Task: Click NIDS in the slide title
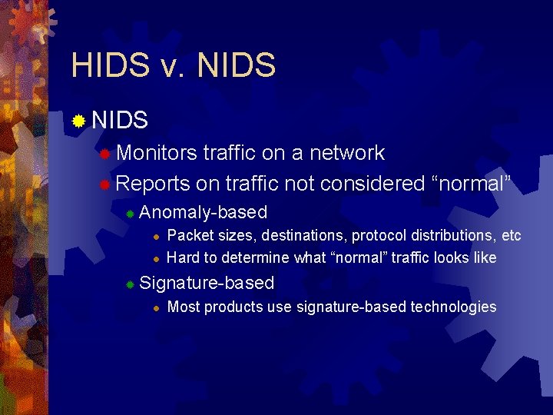click(237, 65)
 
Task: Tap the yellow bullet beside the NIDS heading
click(78, 121)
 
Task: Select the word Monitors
click(157, 153)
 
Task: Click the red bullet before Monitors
click(105, 154)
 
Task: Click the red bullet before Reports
click(105, 184)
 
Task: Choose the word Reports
click(153, 184)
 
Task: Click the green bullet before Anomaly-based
click(131, 214)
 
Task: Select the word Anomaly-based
click(204, 212)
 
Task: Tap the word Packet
click(189, 235)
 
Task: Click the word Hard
click(182, 257)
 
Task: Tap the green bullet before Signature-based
click(131, 284)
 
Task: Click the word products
click(233, 307)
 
